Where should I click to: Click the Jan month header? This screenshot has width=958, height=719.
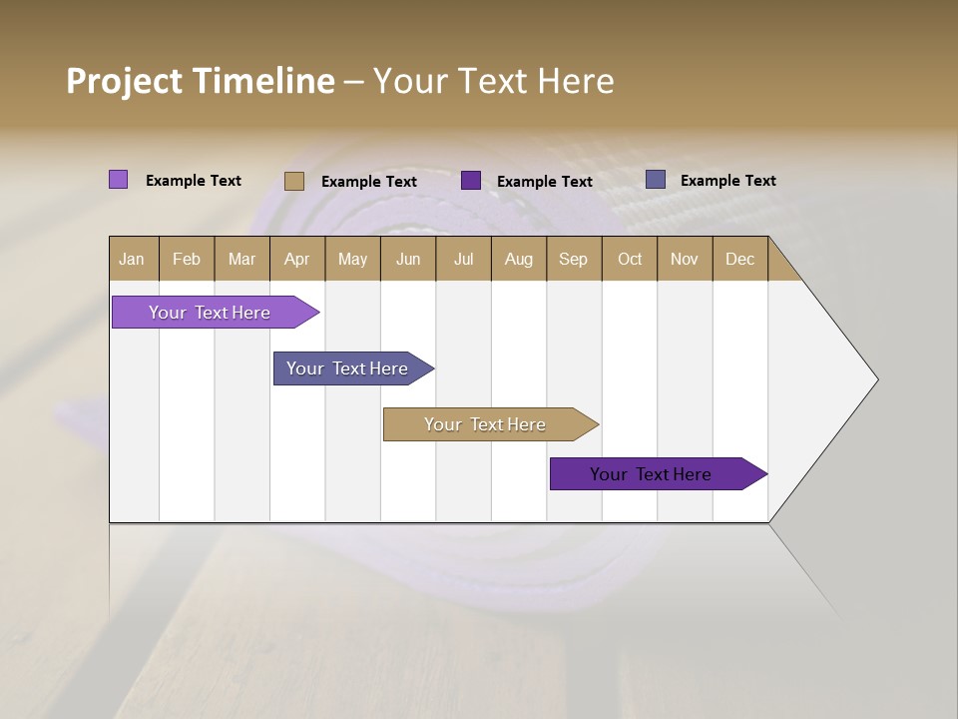click(132, 259)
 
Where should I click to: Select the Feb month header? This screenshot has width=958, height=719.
click(187, 259)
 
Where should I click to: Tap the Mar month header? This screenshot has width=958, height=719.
click(241, 259)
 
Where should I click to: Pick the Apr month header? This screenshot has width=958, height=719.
click(297, 259)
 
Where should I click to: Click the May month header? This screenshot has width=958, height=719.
click(352, 259)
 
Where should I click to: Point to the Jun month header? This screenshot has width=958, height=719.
click(408, 259)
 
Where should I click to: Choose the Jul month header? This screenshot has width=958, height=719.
click(463, 259)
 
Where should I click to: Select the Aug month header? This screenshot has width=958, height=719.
click(519, 259)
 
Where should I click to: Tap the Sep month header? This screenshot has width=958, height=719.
click(574, 259)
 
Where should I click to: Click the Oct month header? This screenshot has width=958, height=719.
click(630, 259)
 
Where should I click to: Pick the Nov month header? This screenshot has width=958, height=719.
click(685, 259)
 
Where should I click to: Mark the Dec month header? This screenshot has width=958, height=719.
click(739, 259)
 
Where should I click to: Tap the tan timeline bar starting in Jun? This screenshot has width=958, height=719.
click(486, 424)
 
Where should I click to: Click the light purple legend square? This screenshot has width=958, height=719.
click(119, 180)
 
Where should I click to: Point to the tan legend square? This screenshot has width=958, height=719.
click(294, 181)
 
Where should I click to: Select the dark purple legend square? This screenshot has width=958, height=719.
click(471, 181)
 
